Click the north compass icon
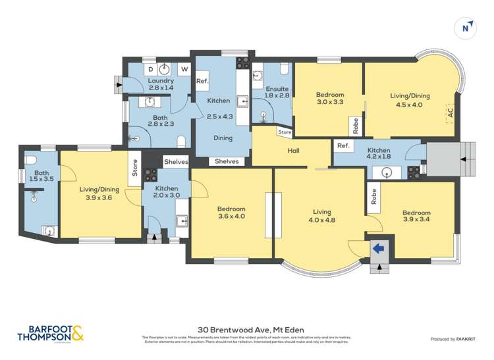[x=466, y=27]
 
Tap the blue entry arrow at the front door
[x=379, y=249]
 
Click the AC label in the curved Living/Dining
[x=451, y=113]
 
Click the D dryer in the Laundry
[x=150, y=68]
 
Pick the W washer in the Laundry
[x=184, y=68]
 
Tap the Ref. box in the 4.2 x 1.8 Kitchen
[x=343, y=146]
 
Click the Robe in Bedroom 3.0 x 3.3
[x=355, y=124]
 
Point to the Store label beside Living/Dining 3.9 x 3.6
[x=134, y=168]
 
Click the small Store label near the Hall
[x=285, y=132]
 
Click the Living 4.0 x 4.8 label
[x=321, y=216]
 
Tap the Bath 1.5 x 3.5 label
[x=38, y=178]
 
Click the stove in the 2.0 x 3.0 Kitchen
[x=151, y=175]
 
